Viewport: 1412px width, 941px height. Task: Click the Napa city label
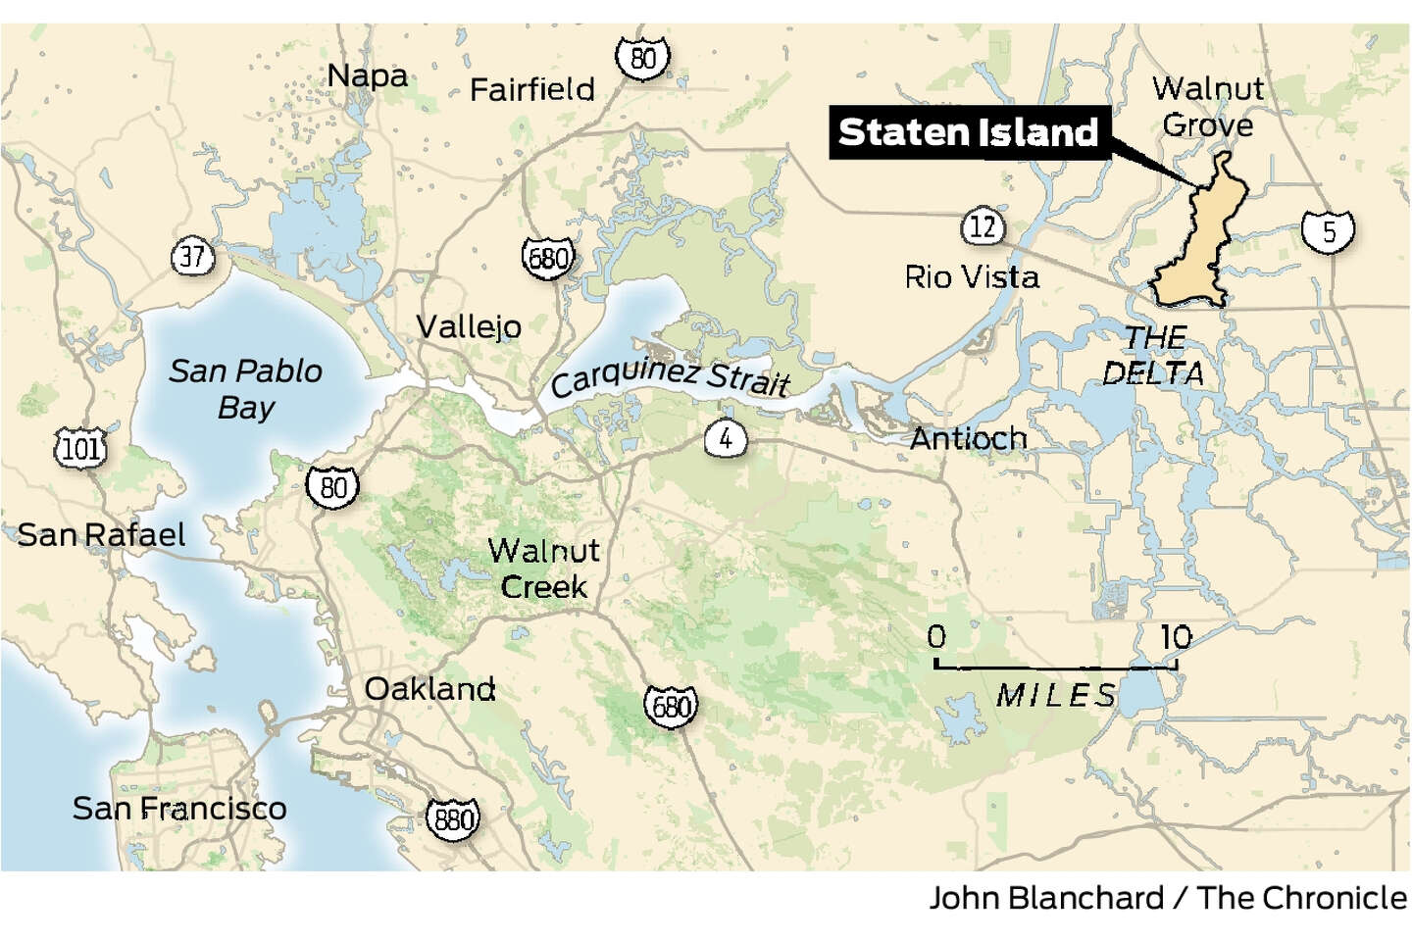point(367,75)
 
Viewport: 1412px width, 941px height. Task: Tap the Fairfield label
point(532,89)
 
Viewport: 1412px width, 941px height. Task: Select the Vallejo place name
point(469,325)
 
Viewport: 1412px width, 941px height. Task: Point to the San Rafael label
point(101,534)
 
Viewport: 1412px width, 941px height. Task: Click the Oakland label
point(429,688)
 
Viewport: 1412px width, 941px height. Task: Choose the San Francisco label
point(179,808)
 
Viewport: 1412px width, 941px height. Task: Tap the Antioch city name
point(968,438)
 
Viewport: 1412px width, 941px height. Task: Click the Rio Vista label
point(971,276)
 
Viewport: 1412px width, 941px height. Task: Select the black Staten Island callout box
point(968,132)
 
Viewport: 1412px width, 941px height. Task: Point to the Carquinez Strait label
point(671,376)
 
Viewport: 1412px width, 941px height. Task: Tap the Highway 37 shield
point(192,257)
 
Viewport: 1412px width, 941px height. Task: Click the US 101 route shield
point(80,449)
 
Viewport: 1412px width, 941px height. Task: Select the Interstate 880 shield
point(453,817)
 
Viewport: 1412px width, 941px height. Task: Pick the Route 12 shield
point(983,227)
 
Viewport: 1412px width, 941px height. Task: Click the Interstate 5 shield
point(1329,230)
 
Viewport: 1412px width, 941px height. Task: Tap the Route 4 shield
point(725,438)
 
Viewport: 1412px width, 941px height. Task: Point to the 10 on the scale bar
point(1176,637)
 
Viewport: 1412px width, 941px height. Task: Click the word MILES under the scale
point(1056,695)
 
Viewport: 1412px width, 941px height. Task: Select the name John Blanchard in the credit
point(1045,898)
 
